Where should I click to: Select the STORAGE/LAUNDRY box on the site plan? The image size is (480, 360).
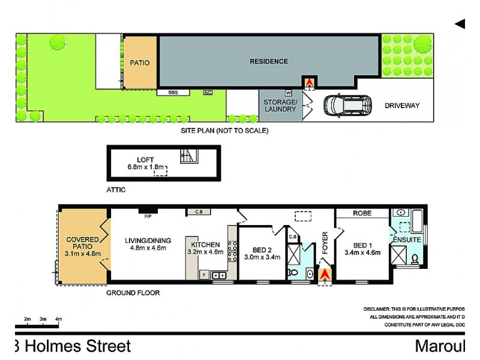(280, 106)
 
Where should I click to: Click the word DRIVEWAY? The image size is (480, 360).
(401, 106)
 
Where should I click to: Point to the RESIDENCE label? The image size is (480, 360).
(269, 61)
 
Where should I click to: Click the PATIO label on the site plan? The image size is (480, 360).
(140, 62)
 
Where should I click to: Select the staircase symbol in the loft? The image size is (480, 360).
(188, 157)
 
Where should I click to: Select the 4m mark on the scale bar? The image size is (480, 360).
(58, 319)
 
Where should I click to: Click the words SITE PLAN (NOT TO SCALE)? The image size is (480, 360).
(225, 130)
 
